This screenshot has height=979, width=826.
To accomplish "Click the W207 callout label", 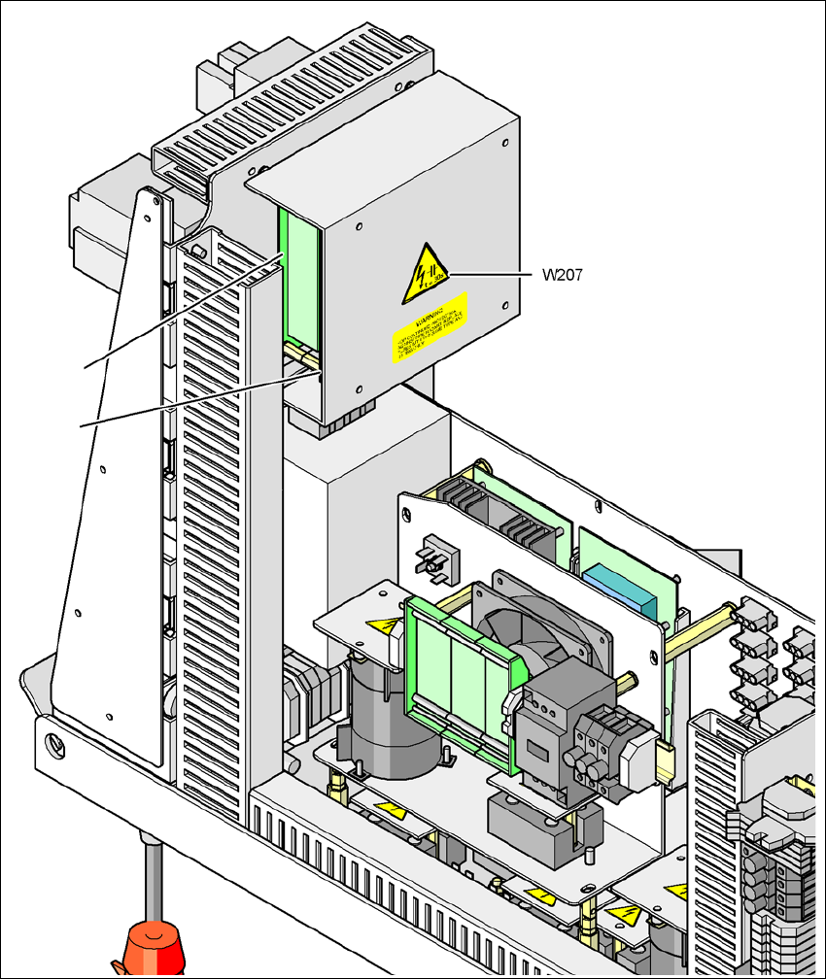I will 563,274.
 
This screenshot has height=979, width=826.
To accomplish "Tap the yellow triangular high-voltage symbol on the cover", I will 426,270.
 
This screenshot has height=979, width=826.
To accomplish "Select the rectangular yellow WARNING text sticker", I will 430,327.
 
